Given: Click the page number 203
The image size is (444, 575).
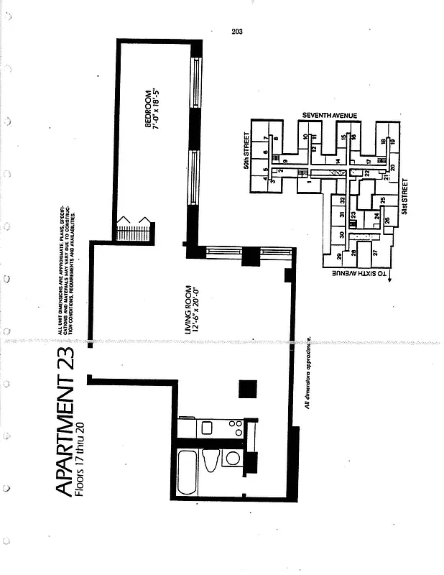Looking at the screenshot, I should (237, 31).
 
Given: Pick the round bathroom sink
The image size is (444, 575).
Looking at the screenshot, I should (233, 457).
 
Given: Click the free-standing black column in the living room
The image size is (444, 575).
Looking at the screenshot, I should (247, 388).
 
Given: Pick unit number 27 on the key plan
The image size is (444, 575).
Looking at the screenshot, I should (375, 253).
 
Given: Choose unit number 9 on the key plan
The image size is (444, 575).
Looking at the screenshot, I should (285, 162).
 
